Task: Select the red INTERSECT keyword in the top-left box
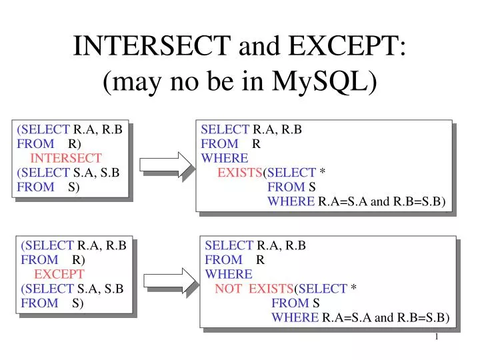[66, 158]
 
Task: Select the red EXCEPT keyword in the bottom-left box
[59, 274]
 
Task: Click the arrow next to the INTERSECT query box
[166, 165]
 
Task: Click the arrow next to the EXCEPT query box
[169, 281]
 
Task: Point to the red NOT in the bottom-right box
[227, 289]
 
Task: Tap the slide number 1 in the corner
[437, 337]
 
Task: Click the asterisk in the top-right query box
[323, 173]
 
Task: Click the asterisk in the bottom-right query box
[354, 289]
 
